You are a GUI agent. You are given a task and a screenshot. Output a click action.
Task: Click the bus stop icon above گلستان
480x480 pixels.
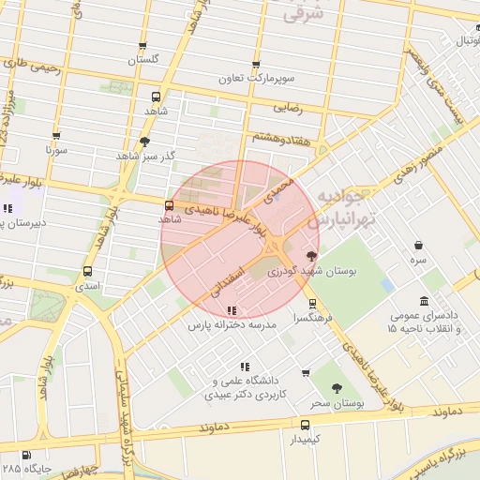click(143, 45)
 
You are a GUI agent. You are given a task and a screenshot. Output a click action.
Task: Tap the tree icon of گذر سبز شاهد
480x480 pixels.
click(144, 142)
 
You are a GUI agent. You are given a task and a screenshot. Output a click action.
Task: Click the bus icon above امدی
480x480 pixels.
click(88, 272)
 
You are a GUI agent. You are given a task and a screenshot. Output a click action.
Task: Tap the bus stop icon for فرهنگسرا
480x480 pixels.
click(313, 303)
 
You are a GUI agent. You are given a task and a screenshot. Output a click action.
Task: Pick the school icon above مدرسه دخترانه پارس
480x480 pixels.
click(232, 310)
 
